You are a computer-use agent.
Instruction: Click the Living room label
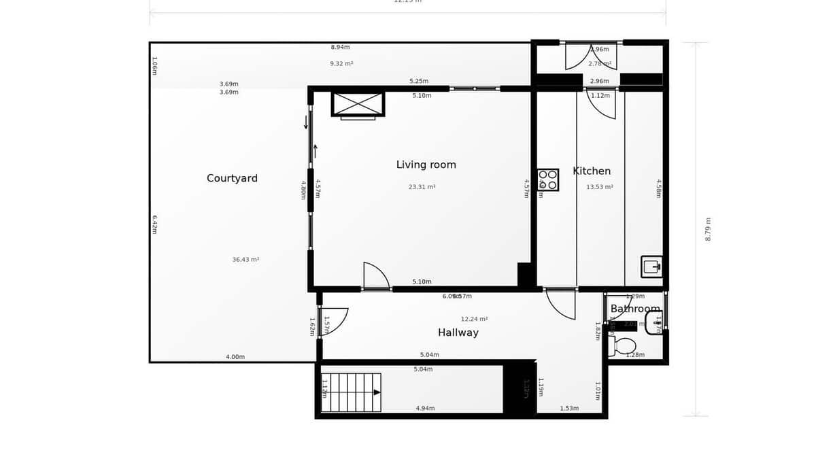(426, 165)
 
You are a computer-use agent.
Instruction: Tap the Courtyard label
(232, 178)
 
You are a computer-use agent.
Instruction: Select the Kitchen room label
(592, 171)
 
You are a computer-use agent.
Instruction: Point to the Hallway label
(458, 333)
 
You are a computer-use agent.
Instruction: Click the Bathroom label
(634, 309)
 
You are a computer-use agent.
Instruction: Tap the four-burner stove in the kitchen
(548, 180)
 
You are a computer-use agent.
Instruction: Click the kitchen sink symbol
(651, 267)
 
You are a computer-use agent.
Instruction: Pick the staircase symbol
(352, 392)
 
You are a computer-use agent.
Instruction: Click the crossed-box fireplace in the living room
(358, 104)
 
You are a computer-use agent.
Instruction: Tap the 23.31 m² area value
(422, 186)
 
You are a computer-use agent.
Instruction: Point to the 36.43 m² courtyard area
(245, 259)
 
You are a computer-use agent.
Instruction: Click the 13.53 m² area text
(599, 186)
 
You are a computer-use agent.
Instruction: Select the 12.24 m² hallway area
(474, 319)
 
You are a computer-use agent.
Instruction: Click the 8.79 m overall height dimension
(708, 229)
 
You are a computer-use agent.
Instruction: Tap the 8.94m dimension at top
(340, 47)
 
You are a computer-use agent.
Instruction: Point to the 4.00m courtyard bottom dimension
(235, 357)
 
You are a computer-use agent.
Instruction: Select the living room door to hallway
(376, 276)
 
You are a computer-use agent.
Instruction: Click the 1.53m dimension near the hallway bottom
(569, 408)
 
